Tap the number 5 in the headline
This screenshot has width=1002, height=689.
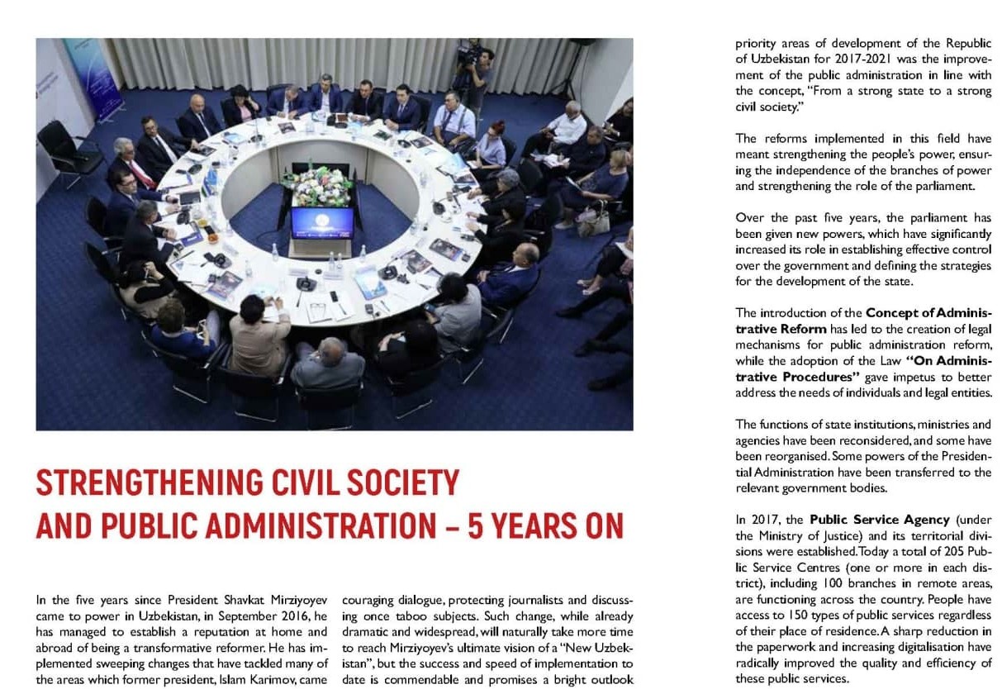tap(476, 526)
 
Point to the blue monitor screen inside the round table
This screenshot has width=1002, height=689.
tap(322, 223)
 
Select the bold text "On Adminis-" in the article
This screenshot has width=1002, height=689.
tap(947, 361)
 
